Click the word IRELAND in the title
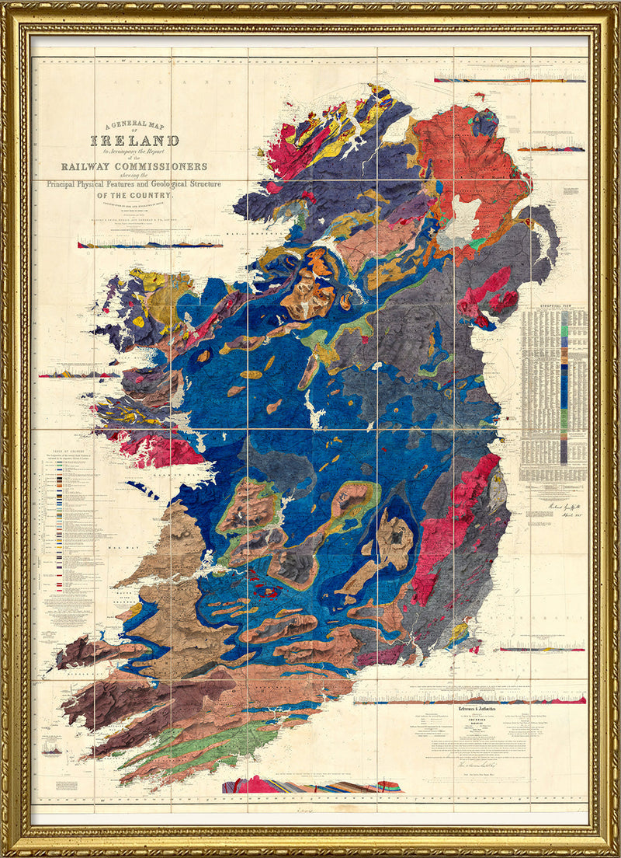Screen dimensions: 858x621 tap(135, 141)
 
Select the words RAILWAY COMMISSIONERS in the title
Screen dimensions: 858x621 tap(135, 166)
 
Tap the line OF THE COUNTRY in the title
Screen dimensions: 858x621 tap(135, 196)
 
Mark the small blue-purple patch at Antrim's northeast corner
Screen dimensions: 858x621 tap(486, 121)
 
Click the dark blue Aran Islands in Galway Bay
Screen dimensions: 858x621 tap(143, 490)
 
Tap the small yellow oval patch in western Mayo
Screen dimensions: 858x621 tap(139, 320)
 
